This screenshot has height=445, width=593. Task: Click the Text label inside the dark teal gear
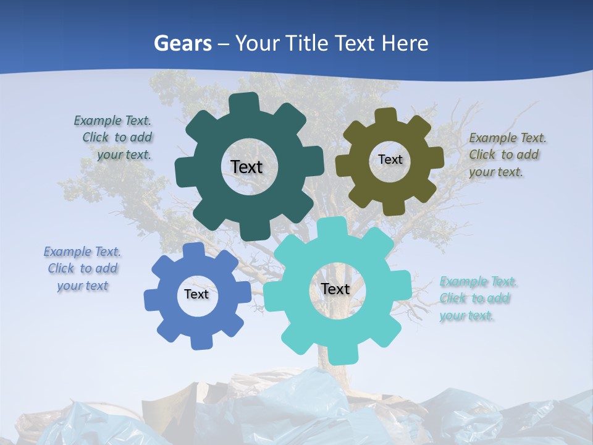tap(246, 167)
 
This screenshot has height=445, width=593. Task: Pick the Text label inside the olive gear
tap(390, 159)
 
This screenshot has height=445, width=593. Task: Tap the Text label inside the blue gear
tap(196, 294)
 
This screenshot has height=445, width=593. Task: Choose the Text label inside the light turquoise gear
tap(335, 289)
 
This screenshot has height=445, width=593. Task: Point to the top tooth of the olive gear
tap(385, 116)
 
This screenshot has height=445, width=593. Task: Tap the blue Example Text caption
tap(82, 268)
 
